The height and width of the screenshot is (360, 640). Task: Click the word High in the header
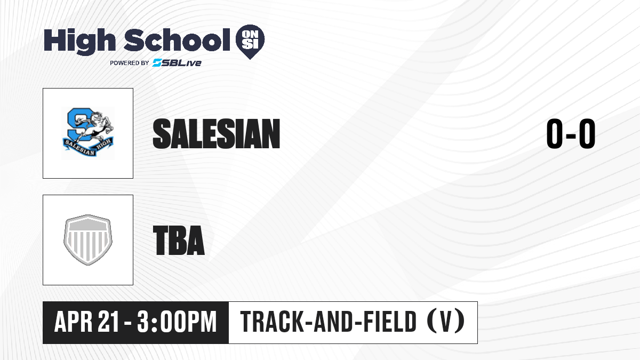[x=79, y=42]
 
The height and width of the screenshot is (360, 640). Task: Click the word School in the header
[x=177, y=41]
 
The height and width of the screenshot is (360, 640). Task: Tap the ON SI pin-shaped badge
[x=250, y=42]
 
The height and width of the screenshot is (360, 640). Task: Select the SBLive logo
[x=177, y=63]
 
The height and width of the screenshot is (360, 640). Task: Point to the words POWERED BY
[x=130, y=63]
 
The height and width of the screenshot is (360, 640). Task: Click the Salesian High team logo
[x=88, y=133]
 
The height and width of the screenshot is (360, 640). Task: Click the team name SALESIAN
[x=217, y=134]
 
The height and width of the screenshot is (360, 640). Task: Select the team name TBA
[x=179, y=241]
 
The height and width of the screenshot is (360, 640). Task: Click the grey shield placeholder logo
[x=88, y=240]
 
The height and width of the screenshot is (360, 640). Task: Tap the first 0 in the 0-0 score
[x=555, y=134]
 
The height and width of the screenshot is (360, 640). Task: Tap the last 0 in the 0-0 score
[x=587, y=134]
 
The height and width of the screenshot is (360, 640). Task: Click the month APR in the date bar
[x=74, y=322]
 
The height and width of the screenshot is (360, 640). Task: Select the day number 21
[x=108, y=322]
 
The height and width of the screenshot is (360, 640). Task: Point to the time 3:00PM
[x=177, y=322]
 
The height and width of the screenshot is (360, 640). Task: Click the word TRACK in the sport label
[x=271, y=322]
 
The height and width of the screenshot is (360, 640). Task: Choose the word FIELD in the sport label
[x=390, y=322]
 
